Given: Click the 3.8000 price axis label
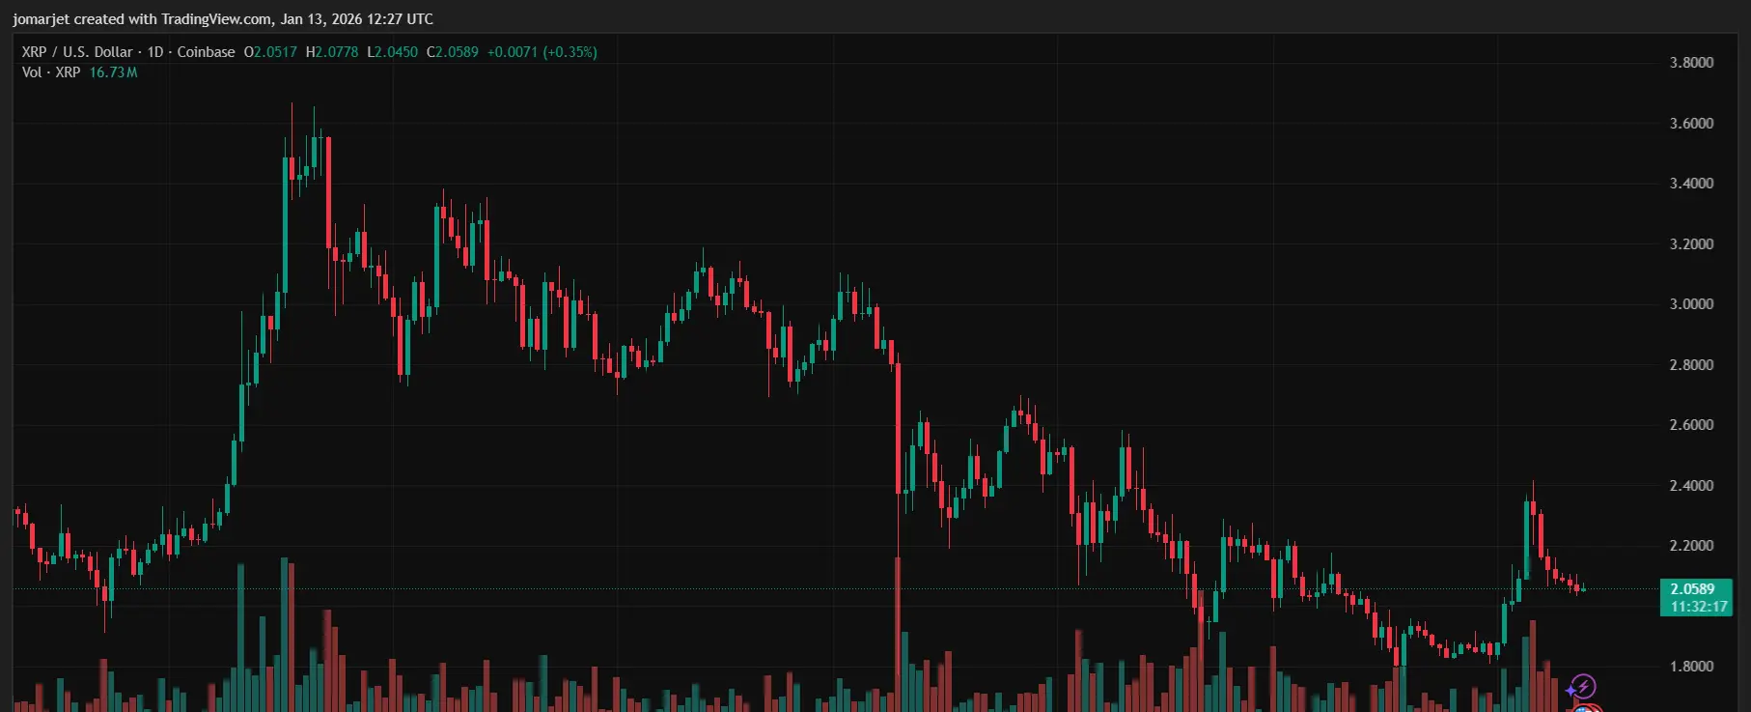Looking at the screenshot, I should click(x=1691, y=63).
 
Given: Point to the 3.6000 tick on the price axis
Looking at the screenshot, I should click(x=1691, y=124).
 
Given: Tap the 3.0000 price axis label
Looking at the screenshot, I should click(x=1691, y=304).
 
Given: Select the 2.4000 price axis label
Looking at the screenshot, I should click(x=1691, y=486).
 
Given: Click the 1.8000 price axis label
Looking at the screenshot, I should click(x=1691, y=667).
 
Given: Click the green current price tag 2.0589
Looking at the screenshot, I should click(x=1692, y=589).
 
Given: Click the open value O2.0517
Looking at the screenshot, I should click(x=270, y=52).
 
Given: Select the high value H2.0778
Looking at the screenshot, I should click(x=332, y=52).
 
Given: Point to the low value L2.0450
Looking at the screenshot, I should click(x=393, y=52).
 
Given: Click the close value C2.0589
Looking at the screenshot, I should click(x=453, y=52).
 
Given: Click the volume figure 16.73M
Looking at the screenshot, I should click(x=114, y=72).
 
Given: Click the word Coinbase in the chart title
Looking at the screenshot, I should click(x=206, y=52).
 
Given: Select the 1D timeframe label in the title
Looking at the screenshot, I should click(x=155, y=52).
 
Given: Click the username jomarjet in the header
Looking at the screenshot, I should click(x=41, y=19).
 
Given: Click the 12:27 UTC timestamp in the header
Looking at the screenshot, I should click(x=400, y=19).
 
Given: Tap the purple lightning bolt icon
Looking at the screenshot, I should click(x=1582, y=687).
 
